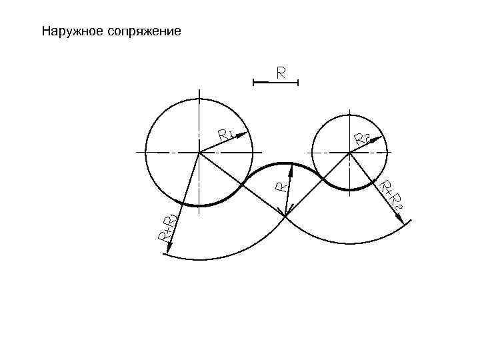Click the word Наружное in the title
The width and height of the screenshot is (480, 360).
[70, 31]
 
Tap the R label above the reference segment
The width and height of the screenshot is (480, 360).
[282, 72]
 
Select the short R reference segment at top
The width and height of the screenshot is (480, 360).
[275, 83]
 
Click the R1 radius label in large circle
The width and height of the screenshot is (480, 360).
[225, 135]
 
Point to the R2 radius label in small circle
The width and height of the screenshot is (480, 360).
[362, 139]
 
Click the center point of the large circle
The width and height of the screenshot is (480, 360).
[199, 153]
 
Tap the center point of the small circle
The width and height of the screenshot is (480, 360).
[350, 153]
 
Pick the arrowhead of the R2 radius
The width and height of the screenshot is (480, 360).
[383, 137]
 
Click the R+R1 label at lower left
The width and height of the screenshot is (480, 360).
[167, 227]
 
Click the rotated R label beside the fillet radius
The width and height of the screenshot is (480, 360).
[282, 185]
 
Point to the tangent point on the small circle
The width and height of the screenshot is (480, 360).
[323, 179]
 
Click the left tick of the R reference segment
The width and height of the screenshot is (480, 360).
[254, 83]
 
